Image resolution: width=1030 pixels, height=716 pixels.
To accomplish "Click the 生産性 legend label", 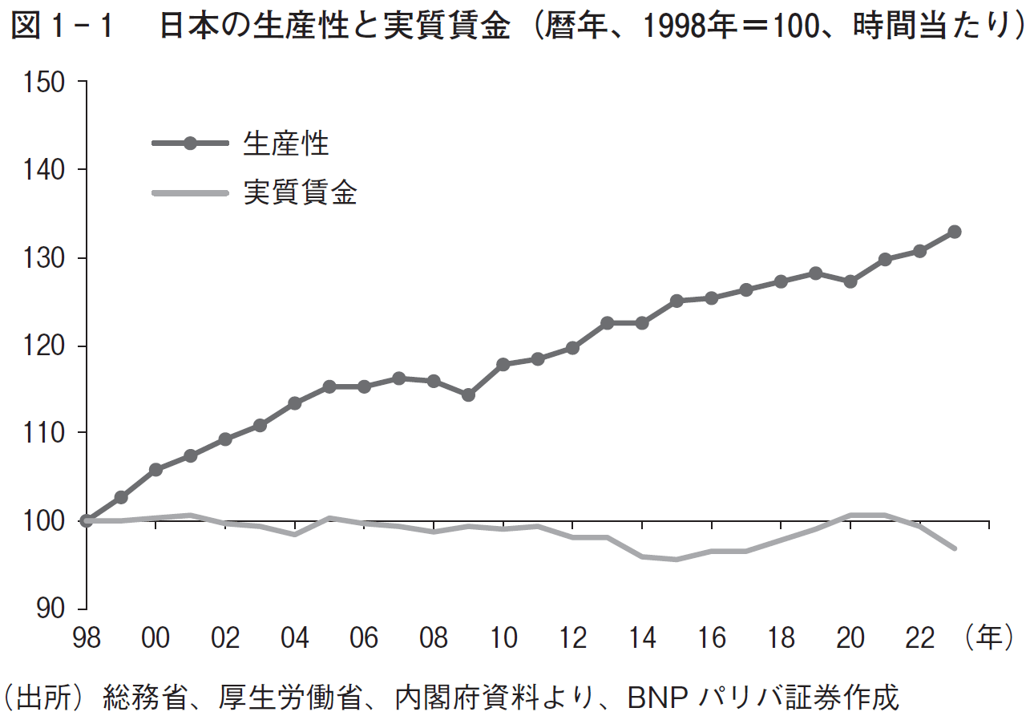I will [286, 144].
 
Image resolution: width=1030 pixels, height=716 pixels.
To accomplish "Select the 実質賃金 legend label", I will [301, 193].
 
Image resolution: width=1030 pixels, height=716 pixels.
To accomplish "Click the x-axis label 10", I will [503, 638].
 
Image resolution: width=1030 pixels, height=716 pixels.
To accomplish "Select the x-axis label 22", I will [919, 638].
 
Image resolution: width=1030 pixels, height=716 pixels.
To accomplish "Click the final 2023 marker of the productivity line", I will [954, 232].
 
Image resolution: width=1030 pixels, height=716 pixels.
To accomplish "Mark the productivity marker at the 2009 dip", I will [468, 394].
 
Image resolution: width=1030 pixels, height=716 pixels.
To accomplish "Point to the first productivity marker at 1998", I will [86, 521].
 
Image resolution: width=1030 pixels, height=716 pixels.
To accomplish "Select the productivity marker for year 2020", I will [850, 281].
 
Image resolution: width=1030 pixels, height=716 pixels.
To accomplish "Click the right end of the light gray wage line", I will [954, 548].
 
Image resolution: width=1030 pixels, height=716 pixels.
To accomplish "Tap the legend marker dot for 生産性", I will [190, 144].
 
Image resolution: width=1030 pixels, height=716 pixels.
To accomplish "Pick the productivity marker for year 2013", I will [607, 323].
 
